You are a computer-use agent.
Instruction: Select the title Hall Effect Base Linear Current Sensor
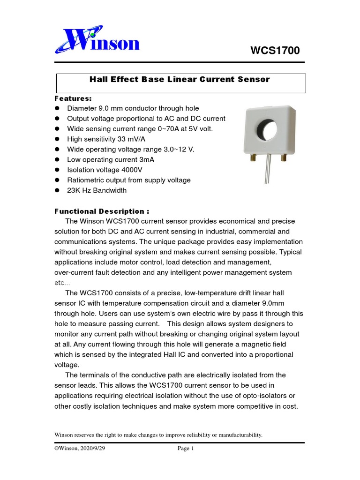180,80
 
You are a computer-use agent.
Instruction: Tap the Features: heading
74,98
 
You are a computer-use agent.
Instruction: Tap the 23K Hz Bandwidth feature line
97,190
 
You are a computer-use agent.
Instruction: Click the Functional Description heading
102,211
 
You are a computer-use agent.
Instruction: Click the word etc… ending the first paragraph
62,283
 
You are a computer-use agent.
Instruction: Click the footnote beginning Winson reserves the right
158,435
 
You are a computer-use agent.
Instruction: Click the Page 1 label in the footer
186,449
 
